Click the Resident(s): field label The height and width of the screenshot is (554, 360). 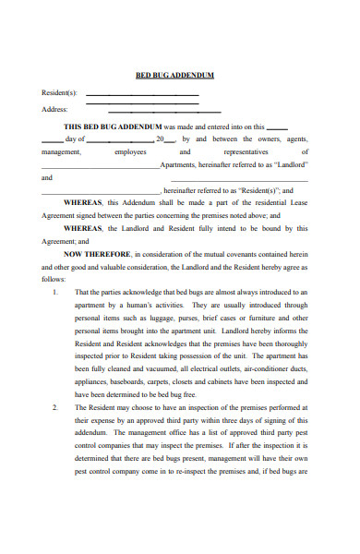(61, 93)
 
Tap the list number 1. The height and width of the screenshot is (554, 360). (54, 291)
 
